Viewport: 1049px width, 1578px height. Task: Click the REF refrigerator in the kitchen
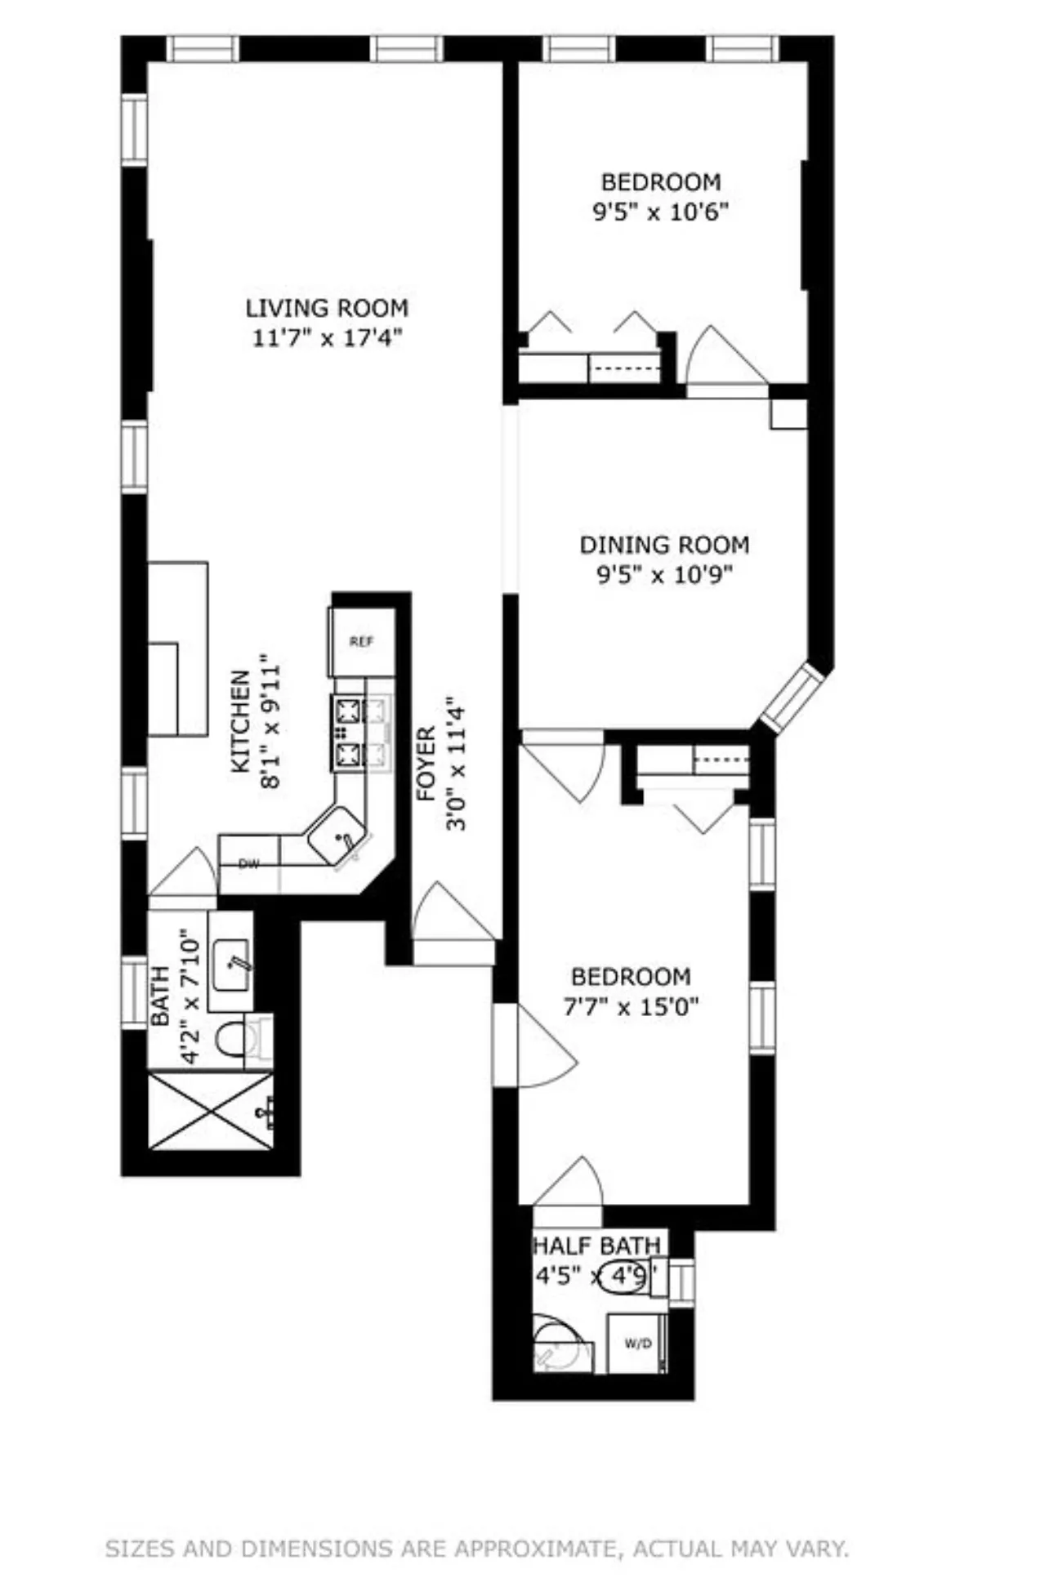click(362, 641)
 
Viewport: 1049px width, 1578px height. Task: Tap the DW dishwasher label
click(248, 864)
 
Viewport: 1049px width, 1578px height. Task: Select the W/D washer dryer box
click(637, 1344)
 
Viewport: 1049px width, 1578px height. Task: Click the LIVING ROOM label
click(327, 308)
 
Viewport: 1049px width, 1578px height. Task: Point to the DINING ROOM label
click(664, 545)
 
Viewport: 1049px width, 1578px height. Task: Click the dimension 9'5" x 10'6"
click(660, 212)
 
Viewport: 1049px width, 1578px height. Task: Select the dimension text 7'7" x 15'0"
click(631, 1006)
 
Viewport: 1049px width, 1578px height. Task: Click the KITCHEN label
click(240, 721)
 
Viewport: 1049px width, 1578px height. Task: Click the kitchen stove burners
click(349, 733)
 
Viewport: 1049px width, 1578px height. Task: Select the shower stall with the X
click(211, 1112)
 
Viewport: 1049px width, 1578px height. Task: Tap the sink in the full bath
click(230, 965)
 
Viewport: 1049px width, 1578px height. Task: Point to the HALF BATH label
click(596, 1246)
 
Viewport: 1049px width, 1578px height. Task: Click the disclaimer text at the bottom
click(477, 1549)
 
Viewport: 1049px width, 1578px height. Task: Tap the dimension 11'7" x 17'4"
click(327, 337)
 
